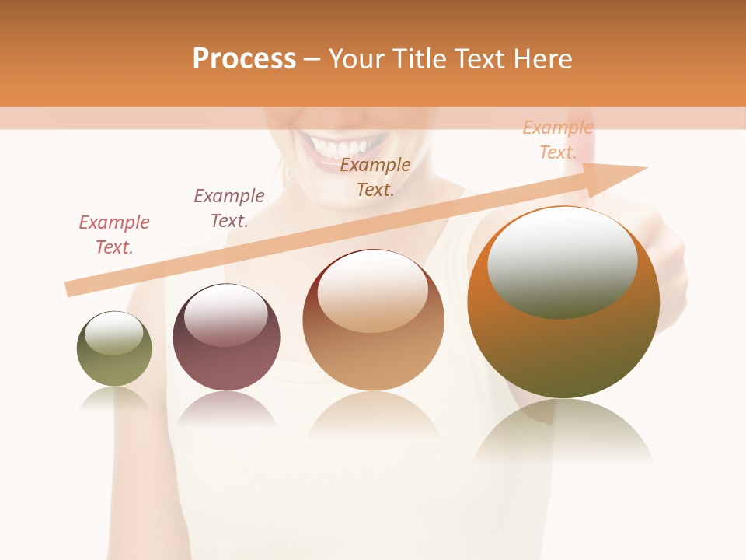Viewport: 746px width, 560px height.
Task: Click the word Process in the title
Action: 244,59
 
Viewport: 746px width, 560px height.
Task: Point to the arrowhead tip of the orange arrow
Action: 645,168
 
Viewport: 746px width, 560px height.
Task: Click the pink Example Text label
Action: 114,234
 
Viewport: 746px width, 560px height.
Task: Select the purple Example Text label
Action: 229,208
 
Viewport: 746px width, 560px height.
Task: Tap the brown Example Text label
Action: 375,177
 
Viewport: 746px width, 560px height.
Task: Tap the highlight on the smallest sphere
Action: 113,333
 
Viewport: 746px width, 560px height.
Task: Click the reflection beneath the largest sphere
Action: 563,432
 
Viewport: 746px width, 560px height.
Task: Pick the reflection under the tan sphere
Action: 373,416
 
